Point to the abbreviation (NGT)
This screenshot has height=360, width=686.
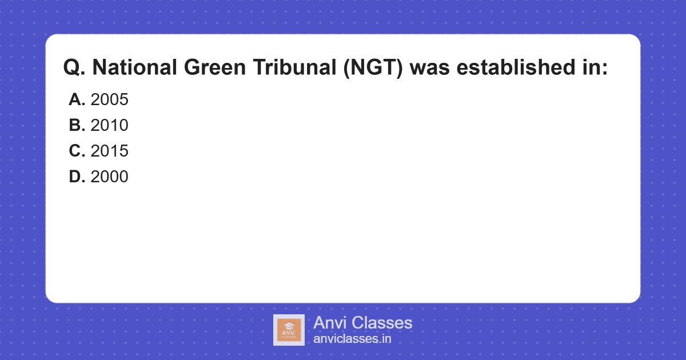pos(376,68)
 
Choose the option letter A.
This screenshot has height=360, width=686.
pos(77,99)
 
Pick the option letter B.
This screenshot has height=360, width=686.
pos(77,125)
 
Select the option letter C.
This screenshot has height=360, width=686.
pos(77,151)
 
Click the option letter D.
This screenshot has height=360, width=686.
pos(77,177)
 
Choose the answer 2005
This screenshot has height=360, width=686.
pos(109,99)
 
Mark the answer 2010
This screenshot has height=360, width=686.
pos(109,125)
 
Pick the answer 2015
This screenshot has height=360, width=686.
pos(109,151)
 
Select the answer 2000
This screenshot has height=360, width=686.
pos(109,177)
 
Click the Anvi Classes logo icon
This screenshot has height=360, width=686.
pos(289,330)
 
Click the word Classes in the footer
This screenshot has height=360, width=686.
pos(381,323)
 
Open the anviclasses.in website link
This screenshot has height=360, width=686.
pos(352,339)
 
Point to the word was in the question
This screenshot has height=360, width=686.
pos(429,68)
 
